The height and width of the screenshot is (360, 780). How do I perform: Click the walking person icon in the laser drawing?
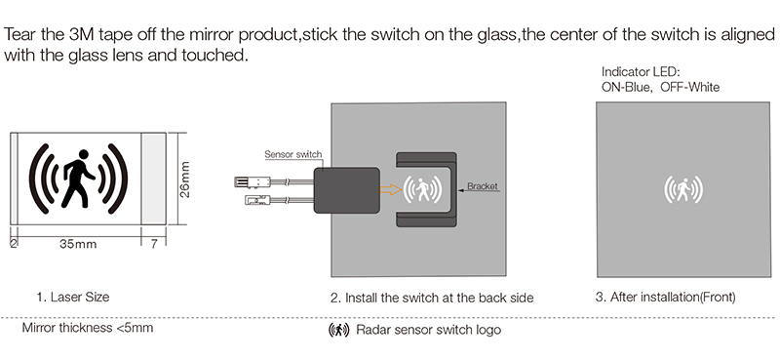pyautogui.click(x=75, y=179)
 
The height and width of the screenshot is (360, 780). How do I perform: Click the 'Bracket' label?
pyautogui.click(x=483, y=184)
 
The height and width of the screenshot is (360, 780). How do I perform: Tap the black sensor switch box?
pyautogui.click(x=346, y=188)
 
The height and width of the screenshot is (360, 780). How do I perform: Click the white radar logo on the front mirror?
pyautogui.click(x=683, y=188)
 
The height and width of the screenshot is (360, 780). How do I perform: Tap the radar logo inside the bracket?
pyautogui.click(x=423, y=188)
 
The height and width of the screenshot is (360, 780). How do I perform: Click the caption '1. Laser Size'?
pyautogui.click(x=73, y=297)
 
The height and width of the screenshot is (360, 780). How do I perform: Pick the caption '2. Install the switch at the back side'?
pyautogui.click(x=432, y=297)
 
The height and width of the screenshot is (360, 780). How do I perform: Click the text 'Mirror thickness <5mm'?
pyautogui.click(x=88, y=328)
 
